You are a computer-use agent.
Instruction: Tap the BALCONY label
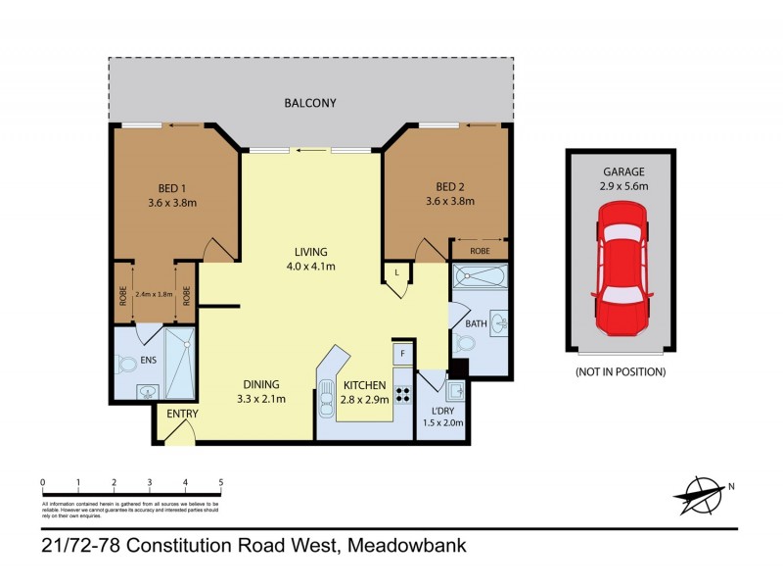point(310,103)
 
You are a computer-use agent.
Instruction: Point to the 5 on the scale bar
point(221,482)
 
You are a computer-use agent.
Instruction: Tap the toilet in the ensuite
point(126,365)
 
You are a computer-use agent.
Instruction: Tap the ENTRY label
point(182,415)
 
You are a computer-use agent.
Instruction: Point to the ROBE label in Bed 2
point(480,250)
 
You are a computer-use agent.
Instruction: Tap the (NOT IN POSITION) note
point(622,372)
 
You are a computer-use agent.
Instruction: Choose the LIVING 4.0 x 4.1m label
point(310,259)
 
